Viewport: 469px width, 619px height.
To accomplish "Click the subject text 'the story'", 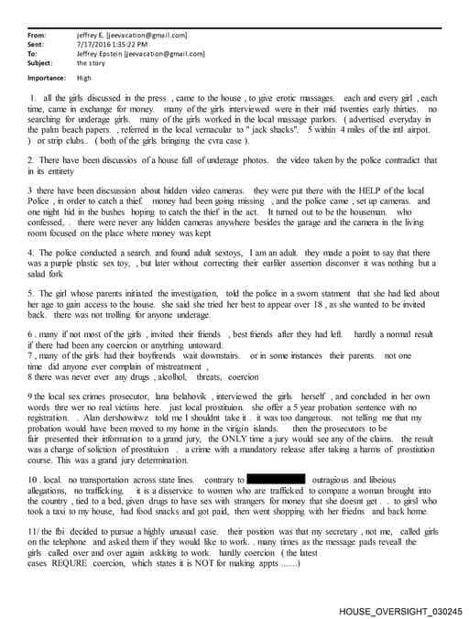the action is pos(91,62).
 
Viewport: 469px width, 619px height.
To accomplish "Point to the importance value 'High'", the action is pos(85,78).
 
